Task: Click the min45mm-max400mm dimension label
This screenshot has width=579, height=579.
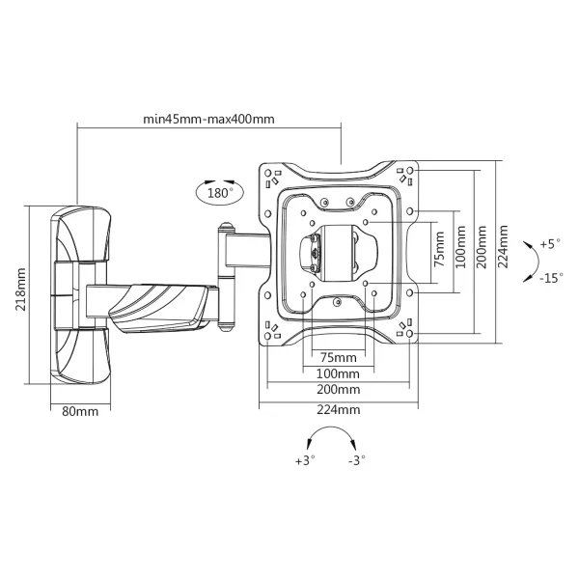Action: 209,120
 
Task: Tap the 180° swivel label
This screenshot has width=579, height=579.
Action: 220,192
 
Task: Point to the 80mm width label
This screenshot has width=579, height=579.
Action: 80,412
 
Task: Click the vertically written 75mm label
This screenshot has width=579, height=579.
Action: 440,249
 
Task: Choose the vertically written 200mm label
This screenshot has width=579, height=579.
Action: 482,249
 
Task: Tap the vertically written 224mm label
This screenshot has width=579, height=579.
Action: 504,249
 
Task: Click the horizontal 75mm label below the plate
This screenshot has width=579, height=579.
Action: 338,358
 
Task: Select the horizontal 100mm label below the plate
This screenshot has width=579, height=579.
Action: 338,373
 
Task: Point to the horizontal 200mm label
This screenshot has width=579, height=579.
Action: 338,390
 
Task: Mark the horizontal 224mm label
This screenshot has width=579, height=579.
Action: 338,409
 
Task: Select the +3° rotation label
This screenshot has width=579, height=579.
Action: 306,461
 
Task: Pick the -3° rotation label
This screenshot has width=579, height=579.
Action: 357,461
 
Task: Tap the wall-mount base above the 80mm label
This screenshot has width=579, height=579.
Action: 80,294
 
